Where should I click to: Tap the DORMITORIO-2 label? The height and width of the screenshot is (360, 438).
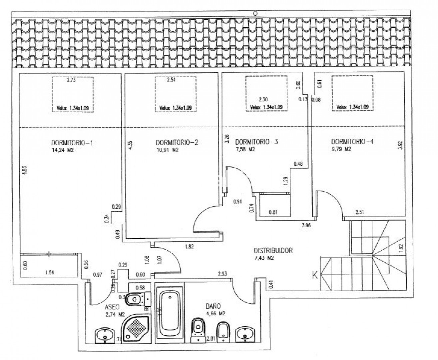point(177,143)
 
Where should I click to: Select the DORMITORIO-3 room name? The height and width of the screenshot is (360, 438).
point(256,142)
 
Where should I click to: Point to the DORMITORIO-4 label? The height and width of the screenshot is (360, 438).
point(352,142)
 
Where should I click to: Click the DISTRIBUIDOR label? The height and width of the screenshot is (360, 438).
point(273,250)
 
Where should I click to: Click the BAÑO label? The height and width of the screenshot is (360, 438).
point(213,306)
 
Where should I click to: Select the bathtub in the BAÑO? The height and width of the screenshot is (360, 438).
point(170,314)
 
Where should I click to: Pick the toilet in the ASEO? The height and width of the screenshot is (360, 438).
point(136,299)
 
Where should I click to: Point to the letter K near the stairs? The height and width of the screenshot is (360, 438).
point(314,275)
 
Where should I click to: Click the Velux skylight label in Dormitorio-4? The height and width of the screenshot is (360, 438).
point(352,107)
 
